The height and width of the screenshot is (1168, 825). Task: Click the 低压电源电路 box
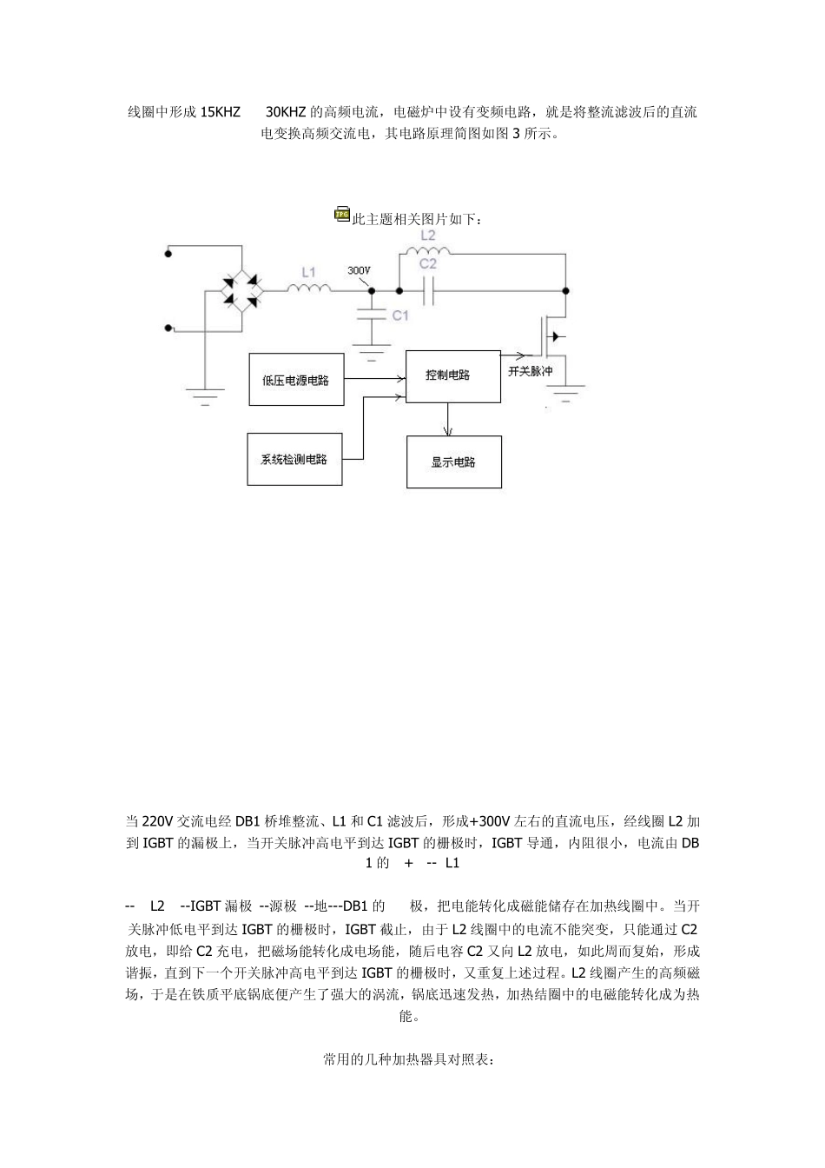[296, 380]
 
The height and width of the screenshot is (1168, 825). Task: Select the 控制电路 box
[452, 375]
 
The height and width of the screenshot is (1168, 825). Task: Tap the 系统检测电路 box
[294, 458]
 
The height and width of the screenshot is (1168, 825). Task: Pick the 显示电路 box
[453, 461]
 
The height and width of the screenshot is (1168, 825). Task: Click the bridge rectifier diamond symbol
[241, 290]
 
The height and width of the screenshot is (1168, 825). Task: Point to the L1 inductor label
[308, 273]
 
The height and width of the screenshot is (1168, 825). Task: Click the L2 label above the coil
[427, 235]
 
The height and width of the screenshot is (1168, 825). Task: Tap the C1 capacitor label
[399, 315]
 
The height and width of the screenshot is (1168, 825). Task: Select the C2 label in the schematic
[427, 263]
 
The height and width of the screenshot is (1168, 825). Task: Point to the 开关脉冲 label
[530, 371]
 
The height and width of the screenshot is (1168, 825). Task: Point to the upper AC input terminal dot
[168, 254]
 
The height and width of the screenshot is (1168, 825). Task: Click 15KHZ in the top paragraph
[221, 112]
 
